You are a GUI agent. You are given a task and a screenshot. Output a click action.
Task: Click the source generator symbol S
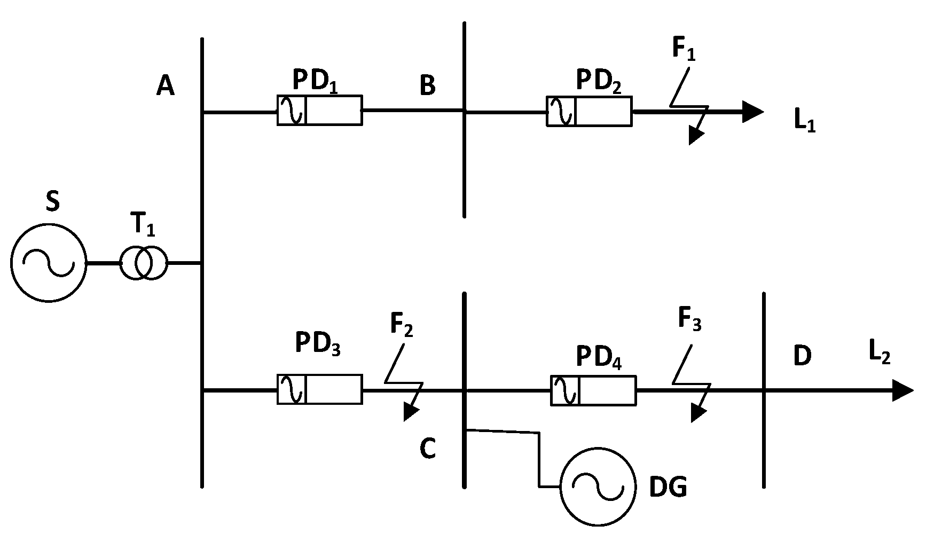click(49, 263)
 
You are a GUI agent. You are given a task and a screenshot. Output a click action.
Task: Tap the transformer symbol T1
click(143, 263)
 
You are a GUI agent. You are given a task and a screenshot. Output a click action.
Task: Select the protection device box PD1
click(319, 110)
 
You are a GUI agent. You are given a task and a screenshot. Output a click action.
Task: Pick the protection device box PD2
click(589, 111)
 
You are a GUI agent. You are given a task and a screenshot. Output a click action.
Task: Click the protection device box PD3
click(319, 389)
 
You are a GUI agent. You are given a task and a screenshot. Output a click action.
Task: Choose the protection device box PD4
click(593, 390)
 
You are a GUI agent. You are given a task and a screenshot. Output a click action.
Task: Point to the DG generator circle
click(598, 487)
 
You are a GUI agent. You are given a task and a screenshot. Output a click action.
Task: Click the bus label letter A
click(166, 85)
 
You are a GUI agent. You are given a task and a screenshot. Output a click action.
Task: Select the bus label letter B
click(427, 85)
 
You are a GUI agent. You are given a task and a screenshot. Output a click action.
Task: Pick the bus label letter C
click(427, 449)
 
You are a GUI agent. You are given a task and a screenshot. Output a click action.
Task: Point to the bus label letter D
click(802, 356)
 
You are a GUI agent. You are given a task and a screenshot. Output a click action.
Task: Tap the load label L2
click(879, 353)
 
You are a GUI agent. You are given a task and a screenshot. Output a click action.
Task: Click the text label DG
click(668, 487)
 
